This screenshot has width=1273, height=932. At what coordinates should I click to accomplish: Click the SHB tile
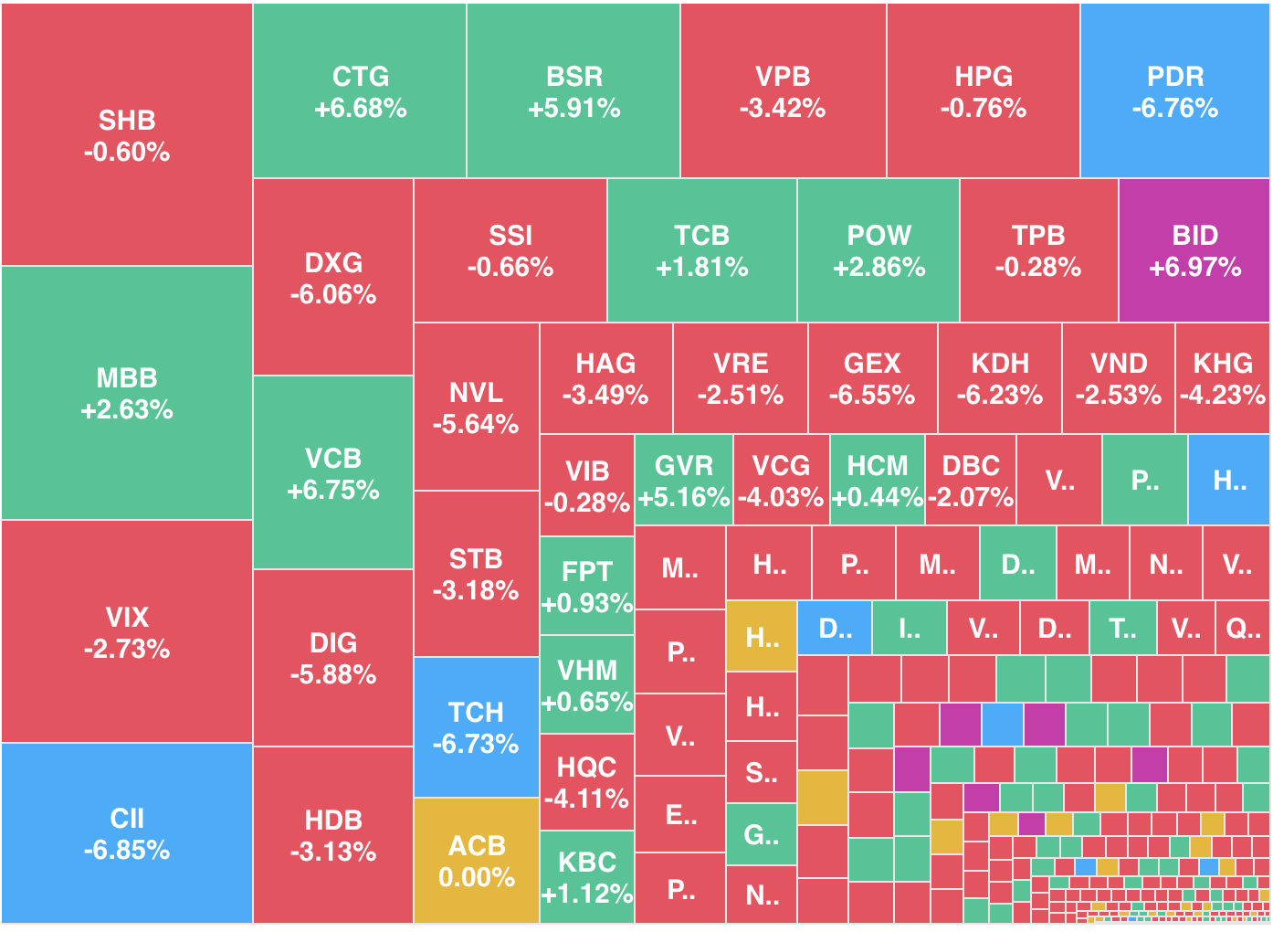click(127, 135)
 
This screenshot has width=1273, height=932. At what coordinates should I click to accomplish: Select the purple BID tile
click(1194, 250)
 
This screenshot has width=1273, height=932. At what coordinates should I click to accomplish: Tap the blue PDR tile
click(1174, 91)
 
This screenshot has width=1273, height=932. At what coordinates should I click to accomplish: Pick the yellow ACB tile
click(476, 861)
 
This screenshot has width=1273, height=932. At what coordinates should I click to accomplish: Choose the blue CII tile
click(127, 833)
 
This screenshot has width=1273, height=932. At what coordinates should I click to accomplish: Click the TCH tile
click(476, 727)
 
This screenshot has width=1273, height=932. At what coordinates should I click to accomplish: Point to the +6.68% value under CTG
click(360, 109)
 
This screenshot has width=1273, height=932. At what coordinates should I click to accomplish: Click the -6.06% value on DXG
click(333, 295)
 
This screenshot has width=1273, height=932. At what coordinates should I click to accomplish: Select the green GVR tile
click(683, 481)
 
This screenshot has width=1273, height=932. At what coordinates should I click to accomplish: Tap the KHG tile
click(1222, 378)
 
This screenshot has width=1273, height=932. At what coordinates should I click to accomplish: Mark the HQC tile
click(586, 782)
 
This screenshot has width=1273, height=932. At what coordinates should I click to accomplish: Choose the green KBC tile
click(586, 877)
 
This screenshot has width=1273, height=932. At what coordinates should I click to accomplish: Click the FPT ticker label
click(586, 572)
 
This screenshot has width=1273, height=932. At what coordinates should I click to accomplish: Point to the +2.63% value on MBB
click(127, 410)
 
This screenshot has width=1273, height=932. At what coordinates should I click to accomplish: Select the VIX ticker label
click(127, 618)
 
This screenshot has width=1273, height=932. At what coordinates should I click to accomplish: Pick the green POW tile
click(878, 250)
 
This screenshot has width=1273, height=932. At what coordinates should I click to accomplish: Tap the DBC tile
click(970, 481)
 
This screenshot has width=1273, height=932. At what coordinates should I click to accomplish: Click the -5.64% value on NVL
click(476, 425)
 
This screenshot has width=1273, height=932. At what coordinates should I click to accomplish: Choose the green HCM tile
click(877, 481)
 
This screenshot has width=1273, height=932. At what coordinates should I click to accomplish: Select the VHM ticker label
click(586, 671)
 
